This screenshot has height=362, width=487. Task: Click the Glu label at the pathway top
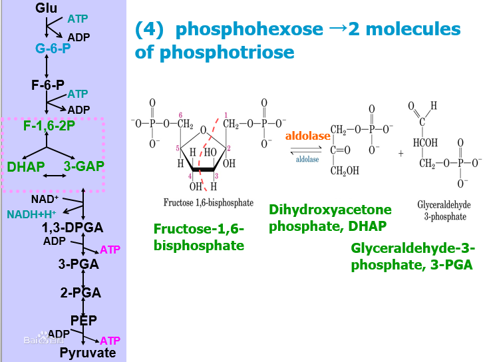coord(47,7)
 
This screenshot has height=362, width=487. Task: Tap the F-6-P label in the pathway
coord(48,85)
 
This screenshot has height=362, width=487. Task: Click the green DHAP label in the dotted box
coord(26,166)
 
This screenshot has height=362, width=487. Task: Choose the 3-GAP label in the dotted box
coord(83,166)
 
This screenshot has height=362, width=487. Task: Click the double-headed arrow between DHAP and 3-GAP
coord(55,176)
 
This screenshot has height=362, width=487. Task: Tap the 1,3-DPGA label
coord(73,228)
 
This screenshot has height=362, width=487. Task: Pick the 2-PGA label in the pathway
coord(80,292)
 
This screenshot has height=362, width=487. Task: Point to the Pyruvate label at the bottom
coord(88,353)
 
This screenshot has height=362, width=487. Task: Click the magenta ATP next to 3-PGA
coord(110,250)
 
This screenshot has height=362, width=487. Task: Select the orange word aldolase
coord(307,136)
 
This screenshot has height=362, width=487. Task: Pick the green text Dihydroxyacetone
coord(330,210)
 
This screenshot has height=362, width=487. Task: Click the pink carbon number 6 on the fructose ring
coord(180,114)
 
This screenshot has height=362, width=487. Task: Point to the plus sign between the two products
coord(401,153)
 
